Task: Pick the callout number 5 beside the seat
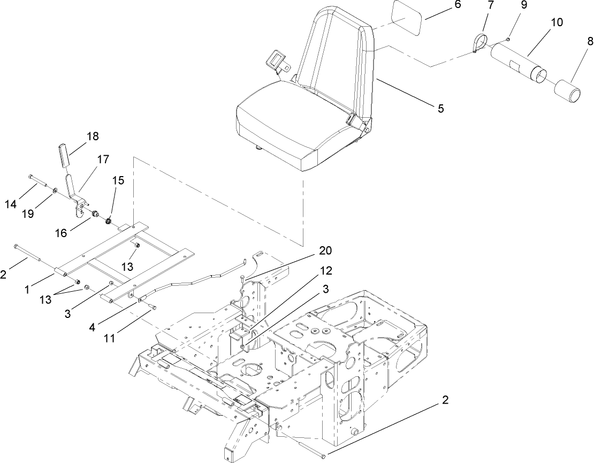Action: (x=440, y=109)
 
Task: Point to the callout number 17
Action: (x=103, y=160)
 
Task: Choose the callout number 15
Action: (x=118, y=180)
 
